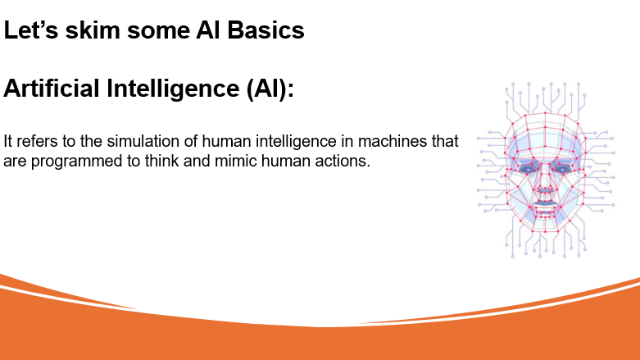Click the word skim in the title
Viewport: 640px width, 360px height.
93,30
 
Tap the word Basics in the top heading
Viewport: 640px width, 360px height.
266,30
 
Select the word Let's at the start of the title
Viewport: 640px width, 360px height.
30,30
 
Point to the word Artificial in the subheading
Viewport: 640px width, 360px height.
52,89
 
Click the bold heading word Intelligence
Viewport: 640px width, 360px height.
173,89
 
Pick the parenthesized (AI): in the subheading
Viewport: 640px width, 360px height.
270,89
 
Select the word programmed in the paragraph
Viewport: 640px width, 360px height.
77,162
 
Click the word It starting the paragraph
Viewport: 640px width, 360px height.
7,141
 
